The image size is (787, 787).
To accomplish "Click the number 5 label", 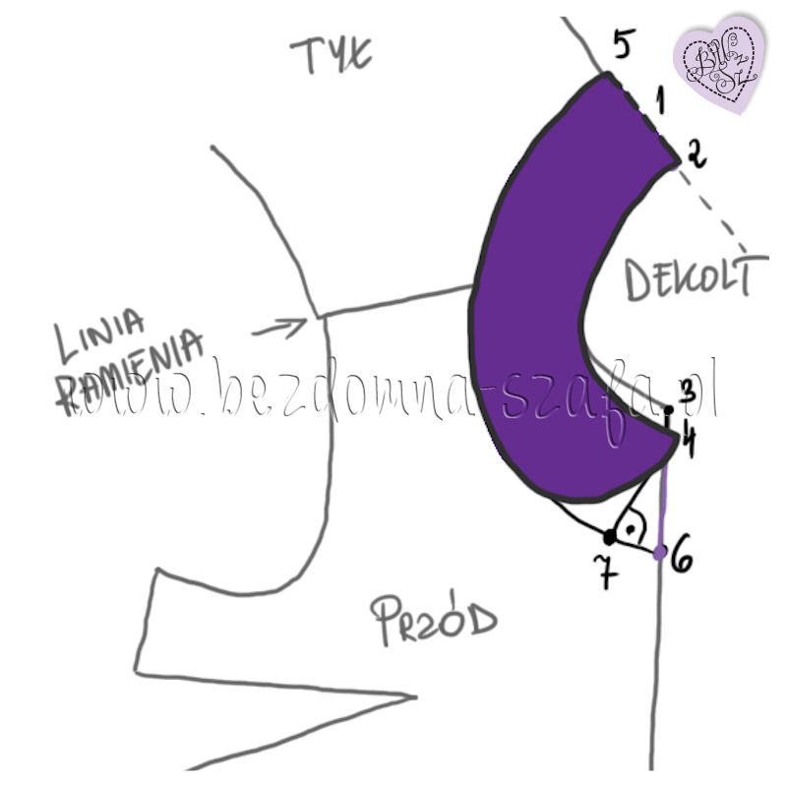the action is pos(623,45).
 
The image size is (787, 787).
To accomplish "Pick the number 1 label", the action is pos(660,99).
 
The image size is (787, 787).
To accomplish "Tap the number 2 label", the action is pos(695,155).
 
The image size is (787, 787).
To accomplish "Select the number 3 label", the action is pos(688,391).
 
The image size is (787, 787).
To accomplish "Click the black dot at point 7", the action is pos(610,536).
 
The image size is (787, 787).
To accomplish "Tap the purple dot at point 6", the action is pos(660,551).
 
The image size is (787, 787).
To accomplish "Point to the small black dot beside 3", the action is pos(669,409).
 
